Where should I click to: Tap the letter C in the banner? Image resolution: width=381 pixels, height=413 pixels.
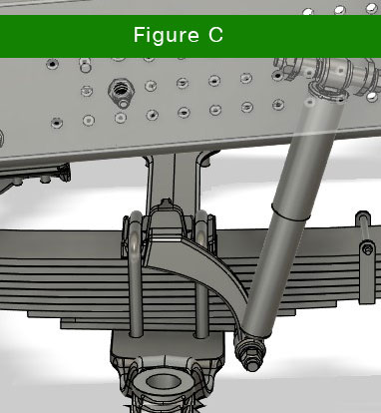coord(215,35)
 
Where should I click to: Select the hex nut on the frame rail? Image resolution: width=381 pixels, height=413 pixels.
coord(121,90)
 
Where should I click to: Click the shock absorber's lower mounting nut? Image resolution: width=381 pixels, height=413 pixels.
coord(250,353)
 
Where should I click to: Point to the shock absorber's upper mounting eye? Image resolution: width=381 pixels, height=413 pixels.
coord(328,89)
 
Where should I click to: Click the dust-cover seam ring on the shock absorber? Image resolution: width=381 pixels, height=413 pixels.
coord(291,212)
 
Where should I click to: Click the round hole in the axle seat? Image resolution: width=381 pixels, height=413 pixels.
coord(163,381)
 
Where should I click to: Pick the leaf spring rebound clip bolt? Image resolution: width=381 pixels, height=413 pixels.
coord(367,249)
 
